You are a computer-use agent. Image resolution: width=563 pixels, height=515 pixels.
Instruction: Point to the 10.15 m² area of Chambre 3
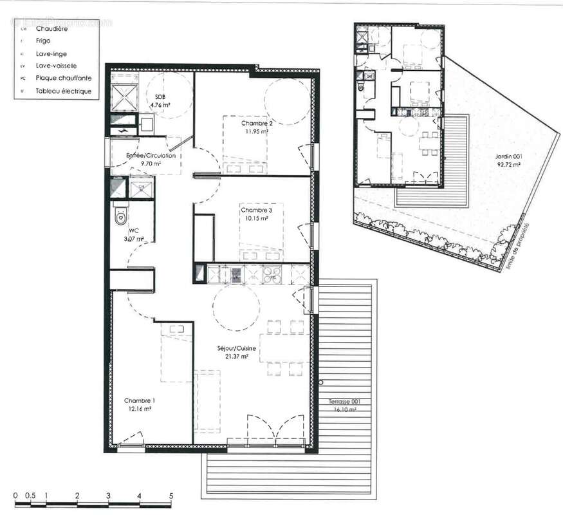[x=255, y=218]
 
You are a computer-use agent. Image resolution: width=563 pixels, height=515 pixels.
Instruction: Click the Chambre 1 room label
[x=140, y=400]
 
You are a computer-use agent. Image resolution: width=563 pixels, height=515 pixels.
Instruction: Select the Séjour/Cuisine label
[x=236, y=349]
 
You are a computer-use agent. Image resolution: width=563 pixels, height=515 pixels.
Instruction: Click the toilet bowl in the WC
[x=119, y=216]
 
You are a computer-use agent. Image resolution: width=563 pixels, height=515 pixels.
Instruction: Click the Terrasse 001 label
[x=344, y=402]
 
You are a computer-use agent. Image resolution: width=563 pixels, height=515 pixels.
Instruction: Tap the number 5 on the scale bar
[x=171, y=496]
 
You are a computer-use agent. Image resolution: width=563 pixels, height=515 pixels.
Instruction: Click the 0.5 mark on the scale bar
[x=30, y=496]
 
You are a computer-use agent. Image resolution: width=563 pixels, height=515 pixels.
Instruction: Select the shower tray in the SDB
[x=124, y=97]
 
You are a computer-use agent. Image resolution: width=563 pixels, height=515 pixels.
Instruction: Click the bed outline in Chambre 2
[x=244, y=145]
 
